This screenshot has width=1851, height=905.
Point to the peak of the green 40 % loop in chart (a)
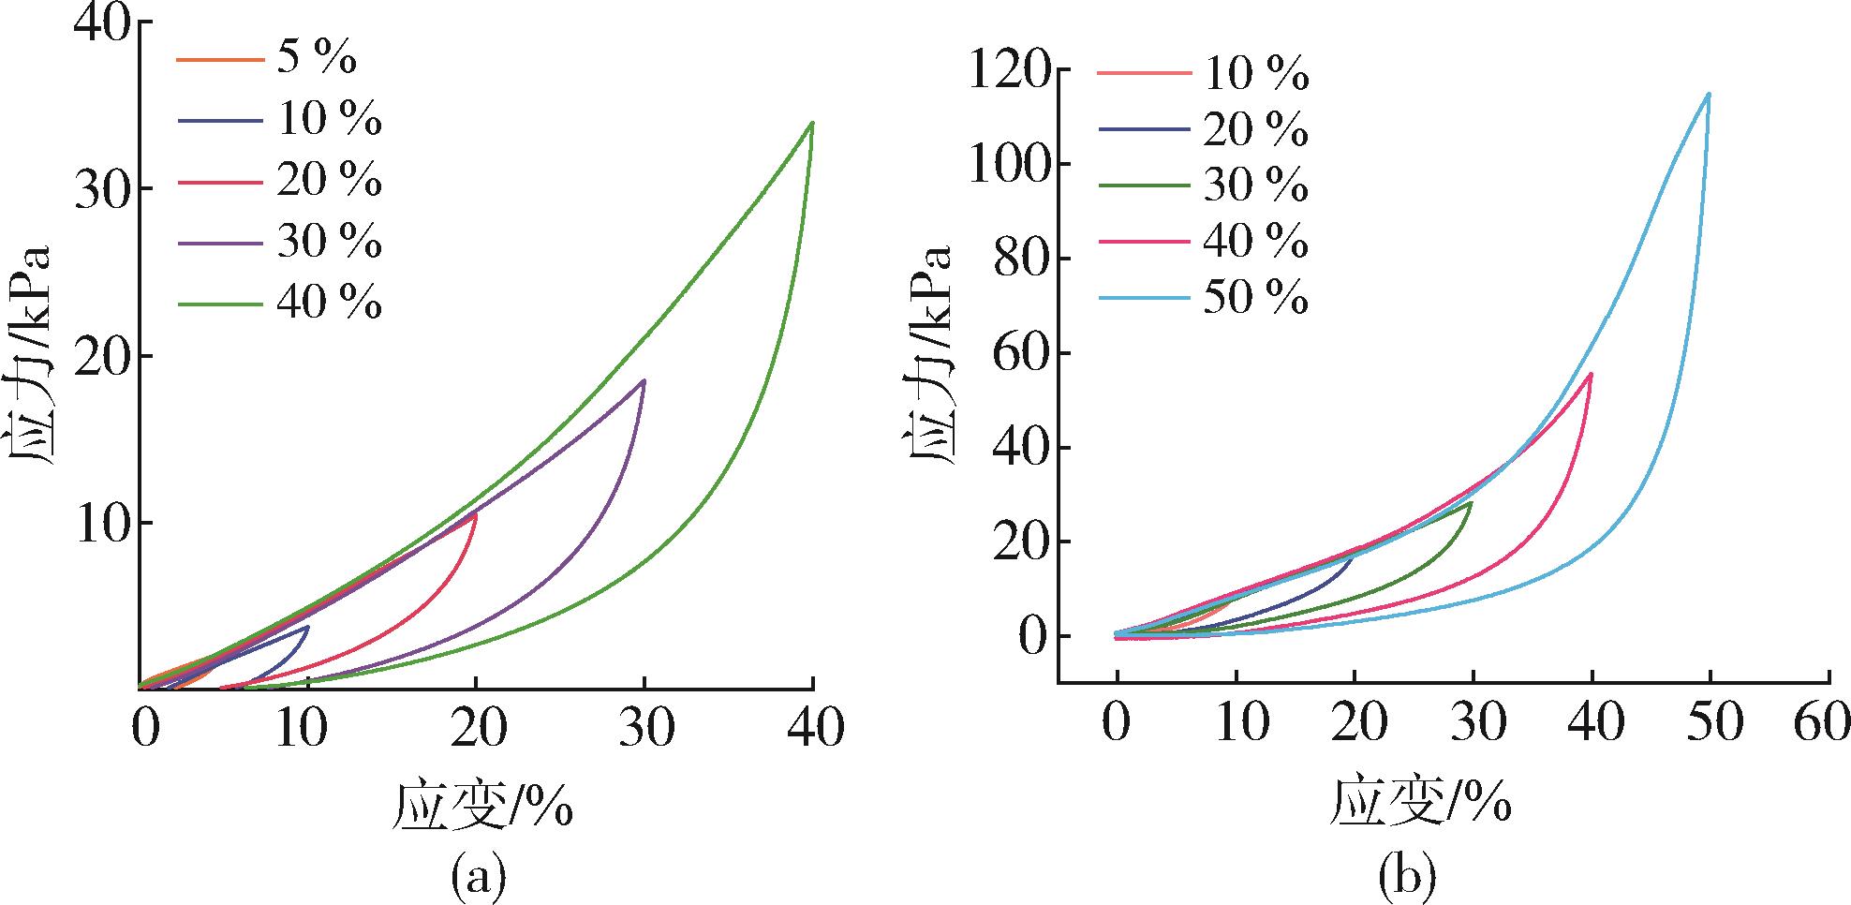(811, 123)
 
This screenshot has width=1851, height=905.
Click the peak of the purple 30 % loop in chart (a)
(644, 380)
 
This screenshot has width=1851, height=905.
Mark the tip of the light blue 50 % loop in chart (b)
(1709, 94)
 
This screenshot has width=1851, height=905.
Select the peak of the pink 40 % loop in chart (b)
(1591, 374)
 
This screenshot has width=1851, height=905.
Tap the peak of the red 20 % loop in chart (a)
(476, 513)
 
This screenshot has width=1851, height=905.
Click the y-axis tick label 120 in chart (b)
(1005, 71)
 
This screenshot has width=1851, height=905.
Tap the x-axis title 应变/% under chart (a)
(482, 805)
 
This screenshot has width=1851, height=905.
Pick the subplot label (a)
(479, 876)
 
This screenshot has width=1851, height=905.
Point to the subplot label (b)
(1407, 876)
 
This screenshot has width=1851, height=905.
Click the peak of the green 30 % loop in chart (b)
(1472, 502)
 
